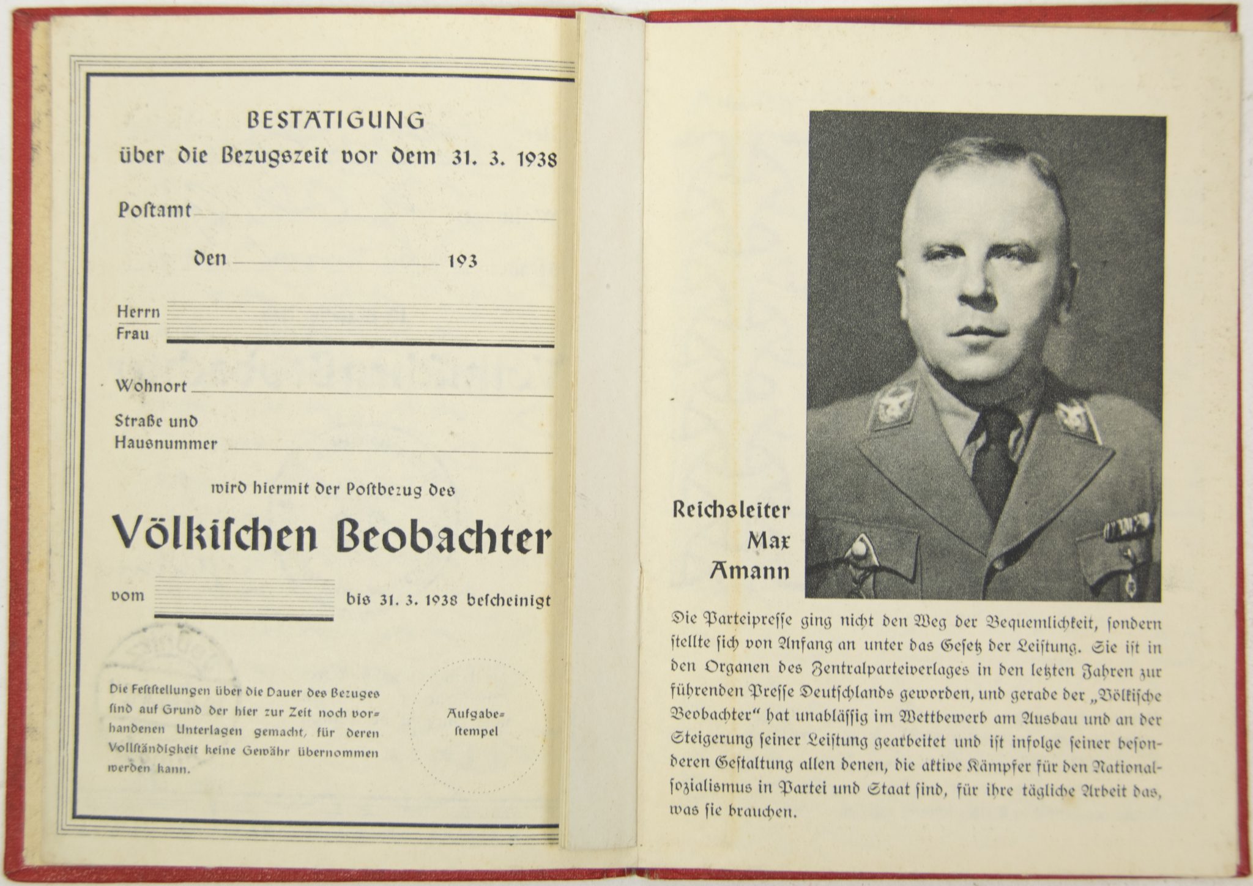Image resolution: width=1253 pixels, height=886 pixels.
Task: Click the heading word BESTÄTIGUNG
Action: pos(335,121)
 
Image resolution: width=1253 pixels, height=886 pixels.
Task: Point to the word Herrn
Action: pos(138,312)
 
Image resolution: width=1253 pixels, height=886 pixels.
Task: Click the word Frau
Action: pos(133,335)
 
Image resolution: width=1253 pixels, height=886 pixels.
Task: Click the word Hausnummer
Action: pos(166,444)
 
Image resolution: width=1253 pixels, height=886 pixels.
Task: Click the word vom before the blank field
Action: pos(127,595)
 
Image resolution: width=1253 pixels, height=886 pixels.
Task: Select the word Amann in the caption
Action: pos(749,571)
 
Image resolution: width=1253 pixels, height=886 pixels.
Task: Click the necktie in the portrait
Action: pos(991,453)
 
